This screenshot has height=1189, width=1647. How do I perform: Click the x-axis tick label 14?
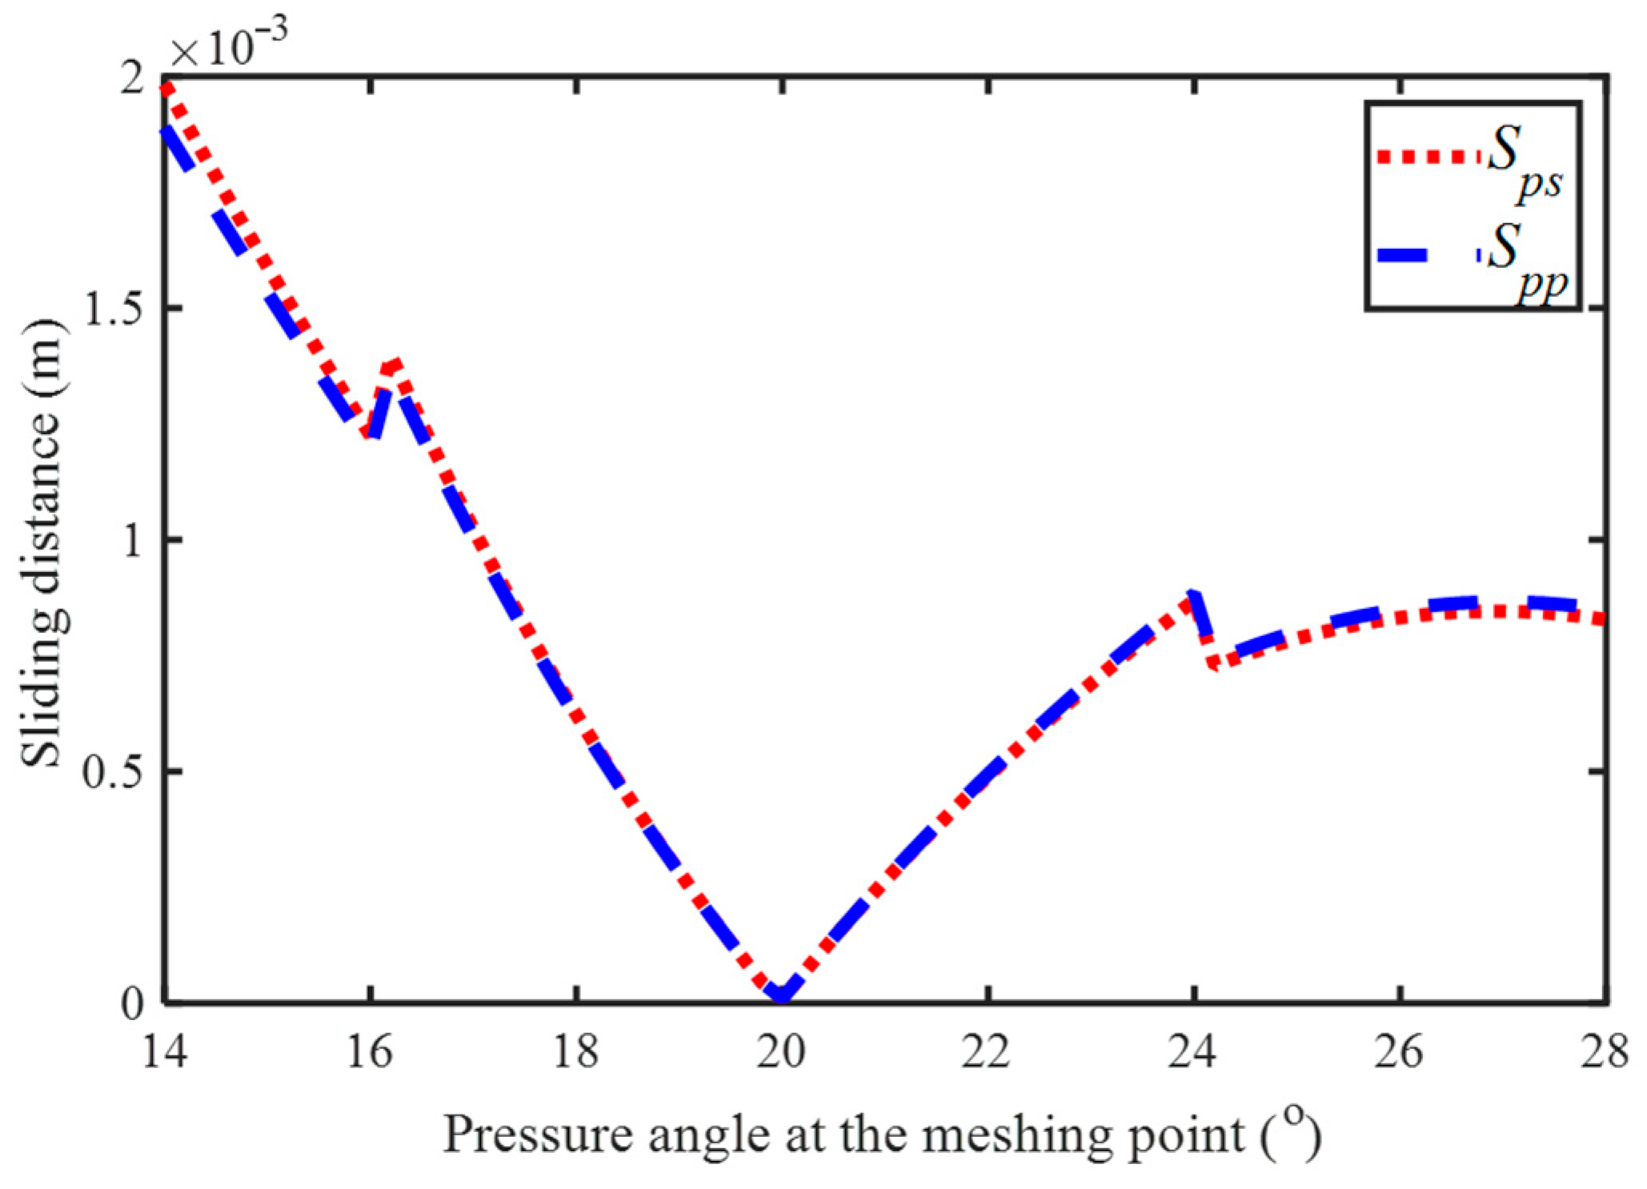[x=164, y=1051]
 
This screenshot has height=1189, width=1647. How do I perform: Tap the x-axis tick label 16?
[x=369, y=1051]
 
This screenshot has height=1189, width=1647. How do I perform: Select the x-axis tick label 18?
[x=575, y=1051]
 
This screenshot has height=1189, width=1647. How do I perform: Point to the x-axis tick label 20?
[x=781, y=1051]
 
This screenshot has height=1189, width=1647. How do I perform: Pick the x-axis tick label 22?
[x=986, y=1051]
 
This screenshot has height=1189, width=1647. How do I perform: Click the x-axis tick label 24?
[x=1192, y=1051]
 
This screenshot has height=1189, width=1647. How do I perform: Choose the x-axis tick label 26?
[x=1399, y=1051]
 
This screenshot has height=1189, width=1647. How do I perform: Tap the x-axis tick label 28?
[x=1604, y=1051]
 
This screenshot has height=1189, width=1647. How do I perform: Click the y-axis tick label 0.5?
[x=112, y=771]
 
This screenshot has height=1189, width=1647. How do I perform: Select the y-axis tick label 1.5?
[x=112, y=308]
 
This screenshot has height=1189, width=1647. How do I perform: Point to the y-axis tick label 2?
[x=132, y=80]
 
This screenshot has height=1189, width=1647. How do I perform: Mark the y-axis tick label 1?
[x=132, y=540]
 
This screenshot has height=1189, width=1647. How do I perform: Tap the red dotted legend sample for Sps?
[x=1429, y=156]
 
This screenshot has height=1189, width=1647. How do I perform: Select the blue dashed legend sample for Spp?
[x=1429, y=255]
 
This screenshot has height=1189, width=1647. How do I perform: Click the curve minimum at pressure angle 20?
[x=782, y=995]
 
